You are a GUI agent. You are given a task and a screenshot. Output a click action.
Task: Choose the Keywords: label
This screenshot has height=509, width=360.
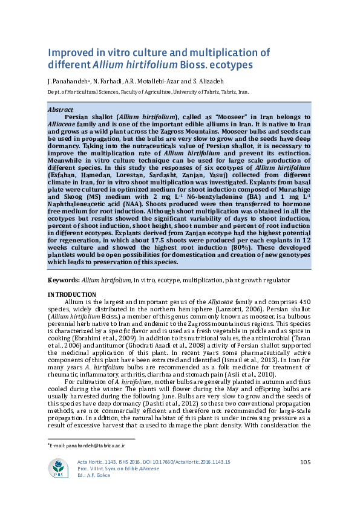pos(63,280)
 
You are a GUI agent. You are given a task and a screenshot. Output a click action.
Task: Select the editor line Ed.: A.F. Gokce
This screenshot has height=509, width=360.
pos(94,475)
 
